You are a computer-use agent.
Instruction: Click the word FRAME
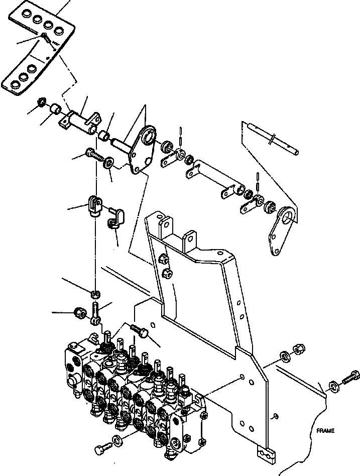(325, 431)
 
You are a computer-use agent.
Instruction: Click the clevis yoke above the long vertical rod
(95, 204)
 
